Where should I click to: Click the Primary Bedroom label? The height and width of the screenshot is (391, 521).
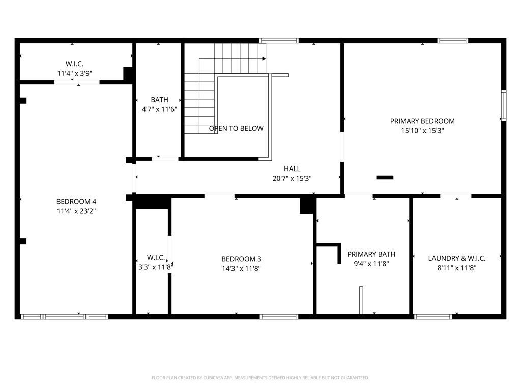pos(422,121)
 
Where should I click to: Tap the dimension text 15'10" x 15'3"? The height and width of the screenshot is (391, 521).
pos(422,131)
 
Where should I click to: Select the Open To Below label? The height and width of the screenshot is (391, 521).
pos(236,128)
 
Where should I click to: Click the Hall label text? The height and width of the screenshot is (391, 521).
pos(292,169)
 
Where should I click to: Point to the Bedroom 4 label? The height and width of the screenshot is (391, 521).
pos(76,201)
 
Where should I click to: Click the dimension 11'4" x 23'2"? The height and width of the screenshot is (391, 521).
pos(76,211)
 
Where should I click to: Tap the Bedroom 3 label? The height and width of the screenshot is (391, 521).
pos(241,259)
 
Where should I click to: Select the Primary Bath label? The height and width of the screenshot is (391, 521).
pos(371,254)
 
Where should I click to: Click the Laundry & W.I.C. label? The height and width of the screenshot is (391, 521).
pos(456,258)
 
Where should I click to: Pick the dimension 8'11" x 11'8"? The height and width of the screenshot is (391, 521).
pos(456,268)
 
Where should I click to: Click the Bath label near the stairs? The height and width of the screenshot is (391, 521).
pos(159,100)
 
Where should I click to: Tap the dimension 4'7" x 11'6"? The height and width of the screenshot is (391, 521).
pos(159,109)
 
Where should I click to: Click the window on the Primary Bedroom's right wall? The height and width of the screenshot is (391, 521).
pos(504,105)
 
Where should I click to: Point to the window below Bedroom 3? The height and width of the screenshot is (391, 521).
pos(279,317)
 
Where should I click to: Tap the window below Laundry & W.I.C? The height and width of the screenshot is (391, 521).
pos(433,317)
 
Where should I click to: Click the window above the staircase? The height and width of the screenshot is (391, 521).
pos(278,40)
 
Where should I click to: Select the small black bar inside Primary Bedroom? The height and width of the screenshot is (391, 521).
pos(385,177)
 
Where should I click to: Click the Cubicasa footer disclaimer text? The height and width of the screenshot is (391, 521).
pos(260,378)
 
